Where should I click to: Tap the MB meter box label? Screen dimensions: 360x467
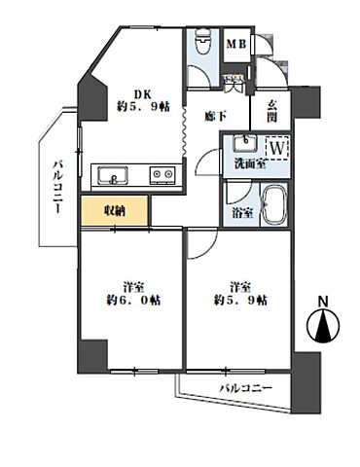click(x=236, y=44)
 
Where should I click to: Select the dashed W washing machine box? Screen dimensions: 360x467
click(x=277, y=149)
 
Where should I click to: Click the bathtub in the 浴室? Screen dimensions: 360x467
click(x=274, y=205)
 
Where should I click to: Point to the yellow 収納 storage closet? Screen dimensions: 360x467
click(x=115, y=211)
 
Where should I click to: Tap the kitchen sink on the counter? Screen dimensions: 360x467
click(x=113, y=175)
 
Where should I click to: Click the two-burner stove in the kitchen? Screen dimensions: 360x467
click(x=162, y=175)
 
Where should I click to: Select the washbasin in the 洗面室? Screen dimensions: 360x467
click(x=246, y=144)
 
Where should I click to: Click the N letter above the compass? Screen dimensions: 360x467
click(x=322, y=302)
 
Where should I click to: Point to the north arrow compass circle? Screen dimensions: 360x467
click(x=323, y=325)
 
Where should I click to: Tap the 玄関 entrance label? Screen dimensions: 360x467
click(x=272, y=111)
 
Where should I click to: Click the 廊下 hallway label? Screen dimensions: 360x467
click(x=216, y=117)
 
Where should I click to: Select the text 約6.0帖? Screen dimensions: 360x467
click(x=133, y=301)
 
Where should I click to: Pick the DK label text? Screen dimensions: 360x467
click(x=143, y=94)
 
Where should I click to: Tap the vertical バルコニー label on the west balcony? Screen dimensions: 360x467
click(x=57, y=187)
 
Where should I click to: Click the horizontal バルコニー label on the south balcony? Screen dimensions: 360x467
click(x=246, y=388)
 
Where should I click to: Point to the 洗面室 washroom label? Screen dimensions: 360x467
click(x=251, y=164)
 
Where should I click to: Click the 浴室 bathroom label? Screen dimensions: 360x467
click(x=242, y=213)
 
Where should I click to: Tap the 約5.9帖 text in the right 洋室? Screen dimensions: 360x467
click(x=240, y=301)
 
